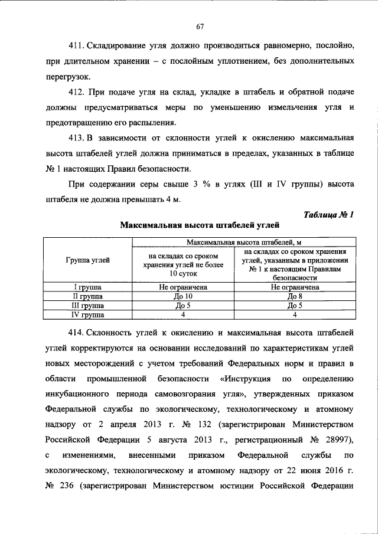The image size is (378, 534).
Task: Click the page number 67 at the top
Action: [200, 26]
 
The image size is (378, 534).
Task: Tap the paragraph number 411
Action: [77, 45]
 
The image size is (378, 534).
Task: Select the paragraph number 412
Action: [77, 93]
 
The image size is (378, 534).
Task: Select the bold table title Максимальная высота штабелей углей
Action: [200, 225]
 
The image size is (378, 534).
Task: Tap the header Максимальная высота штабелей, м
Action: [244, 242]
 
